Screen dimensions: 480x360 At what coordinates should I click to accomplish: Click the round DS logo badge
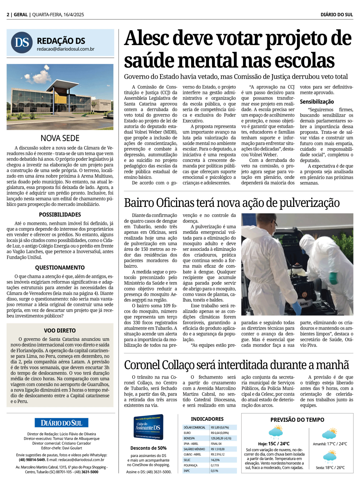[22, 42]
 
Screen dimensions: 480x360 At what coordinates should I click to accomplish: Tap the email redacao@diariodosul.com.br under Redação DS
[66, 49]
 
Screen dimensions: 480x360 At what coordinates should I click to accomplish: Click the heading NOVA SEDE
[60, 138]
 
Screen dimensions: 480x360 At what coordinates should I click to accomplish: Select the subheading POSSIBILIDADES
[60, 215]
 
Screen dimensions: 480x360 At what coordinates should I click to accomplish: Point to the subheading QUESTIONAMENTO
[60, 268]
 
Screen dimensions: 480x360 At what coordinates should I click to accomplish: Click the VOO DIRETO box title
[60, 331]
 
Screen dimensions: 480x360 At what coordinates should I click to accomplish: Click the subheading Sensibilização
[317, 102]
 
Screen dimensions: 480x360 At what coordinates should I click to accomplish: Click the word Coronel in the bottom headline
[142, 365]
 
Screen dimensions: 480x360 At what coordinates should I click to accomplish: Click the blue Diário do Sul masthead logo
[62, 423]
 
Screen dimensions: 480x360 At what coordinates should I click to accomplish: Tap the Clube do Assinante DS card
[148, 427]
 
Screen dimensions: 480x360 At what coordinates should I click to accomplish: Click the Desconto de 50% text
[148, 448]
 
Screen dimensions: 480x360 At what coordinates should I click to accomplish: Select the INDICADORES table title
[207, 419]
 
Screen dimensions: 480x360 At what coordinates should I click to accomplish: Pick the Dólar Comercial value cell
[224, 427]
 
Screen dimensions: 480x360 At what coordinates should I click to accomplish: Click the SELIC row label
[187, 460]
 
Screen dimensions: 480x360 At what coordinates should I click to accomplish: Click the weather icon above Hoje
[276, 432]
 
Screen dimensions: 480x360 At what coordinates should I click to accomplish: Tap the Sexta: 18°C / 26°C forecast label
[330, 468]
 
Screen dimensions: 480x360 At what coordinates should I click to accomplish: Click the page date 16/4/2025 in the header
[73, 15]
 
